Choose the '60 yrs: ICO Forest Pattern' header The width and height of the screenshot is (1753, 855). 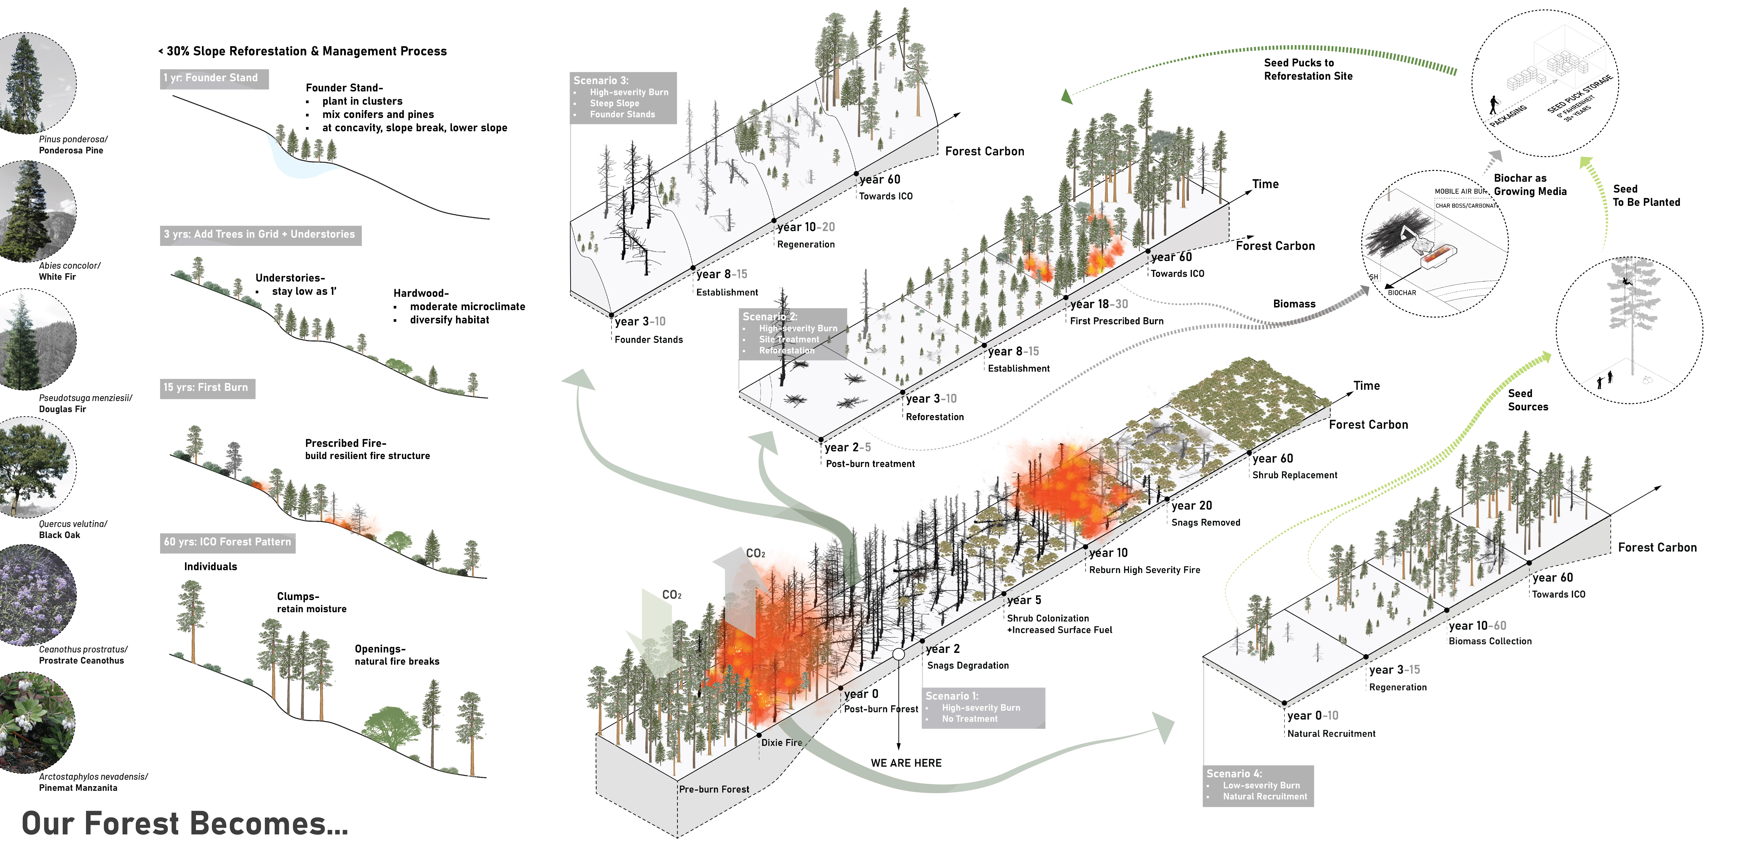(x=227, y=542)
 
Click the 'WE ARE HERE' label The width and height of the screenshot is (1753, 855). (x=906, y=763)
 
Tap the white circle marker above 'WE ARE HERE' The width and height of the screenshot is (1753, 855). (x=898, y=654)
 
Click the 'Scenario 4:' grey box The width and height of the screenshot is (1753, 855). (x=1258, y=785)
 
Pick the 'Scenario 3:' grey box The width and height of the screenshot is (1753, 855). (x=623, y=97)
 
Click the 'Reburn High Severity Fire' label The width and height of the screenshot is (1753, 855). (x=1145, y=570)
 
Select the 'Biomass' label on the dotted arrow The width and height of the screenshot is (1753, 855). (x=1294, y=304)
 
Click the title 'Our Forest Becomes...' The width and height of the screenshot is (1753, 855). (x=185, y=824)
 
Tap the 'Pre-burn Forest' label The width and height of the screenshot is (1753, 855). (x=714, y=790)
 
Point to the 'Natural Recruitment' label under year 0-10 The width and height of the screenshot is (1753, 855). (x=1331, y=734)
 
